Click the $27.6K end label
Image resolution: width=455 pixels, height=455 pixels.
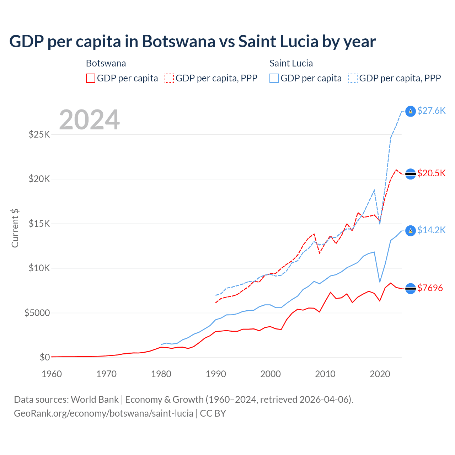pos(431,111)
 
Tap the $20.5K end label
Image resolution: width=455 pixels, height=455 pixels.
pos(431,173)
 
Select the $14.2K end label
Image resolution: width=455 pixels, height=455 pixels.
pos(431,230)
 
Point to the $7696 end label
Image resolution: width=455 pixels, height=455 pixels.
pos(430,288)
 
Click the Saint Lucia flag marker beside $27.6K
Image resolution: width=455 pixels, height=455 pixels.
pos(411,111)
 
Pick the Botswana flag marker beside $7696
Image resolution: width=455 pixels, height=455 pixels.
pos(411,289)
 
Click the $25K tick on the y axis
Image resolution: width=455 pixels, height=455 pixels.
pos(39,135)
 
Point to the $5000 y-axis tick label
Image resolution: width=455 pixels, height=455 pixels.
pos(37,313)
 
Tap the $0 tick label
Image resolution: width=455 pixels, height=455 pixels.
pos(45,358)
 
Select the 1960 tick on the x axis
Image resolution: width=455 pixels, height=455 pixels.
pos(52,374)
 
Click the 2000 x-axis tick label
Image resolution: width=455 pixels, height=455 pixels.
pos(271,374)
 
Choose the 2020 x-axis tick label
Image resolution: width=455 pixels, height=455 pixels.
pos(380,374)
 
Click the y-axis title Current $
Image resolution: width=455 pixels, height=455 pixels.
pos(15,228)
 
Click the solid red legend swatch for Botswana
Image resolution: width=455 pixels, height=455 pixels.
pos(91,78)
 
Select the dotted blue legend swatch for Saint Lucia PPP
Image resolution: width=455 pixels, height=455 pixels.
pos(353,78)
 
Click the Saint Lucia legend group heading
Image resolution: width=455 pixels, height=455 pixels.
pos(291,64)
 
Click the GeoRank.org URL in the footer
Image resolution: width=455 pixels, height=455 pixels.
pos(103,414)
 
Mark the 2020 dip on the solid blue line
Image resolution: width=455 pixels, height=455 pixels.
pos(380,282)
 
